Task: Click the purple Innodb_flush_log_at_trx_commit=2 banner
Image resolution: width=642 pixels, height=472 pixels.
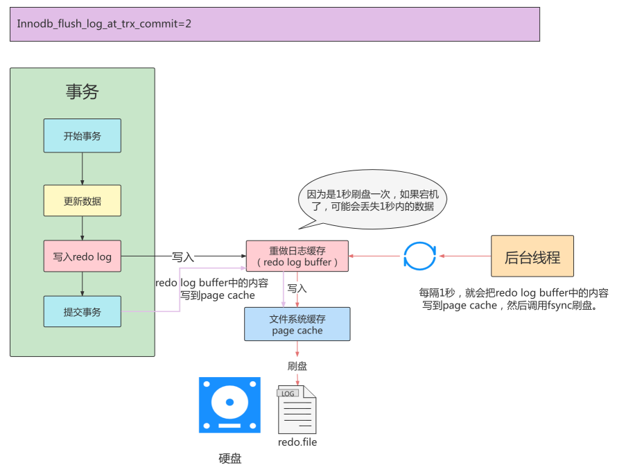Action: point(275,24)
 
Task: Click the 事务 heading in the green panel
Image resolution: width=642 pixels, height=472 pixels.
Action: point(83,91)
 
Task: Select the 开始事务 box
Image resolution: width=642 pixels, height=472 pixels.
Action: point(83,136)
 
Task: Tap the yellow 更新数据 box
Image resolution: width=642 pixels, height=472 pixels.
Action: point(83,201)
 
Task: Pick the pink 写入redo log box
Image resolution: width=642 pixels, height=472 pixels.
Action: point(83,256)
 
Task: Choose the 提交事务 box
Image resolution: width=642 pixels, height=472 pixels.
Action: point(83,312)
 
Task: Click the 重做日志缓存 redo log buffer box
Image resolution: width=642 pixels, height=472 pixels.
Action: point(297,256)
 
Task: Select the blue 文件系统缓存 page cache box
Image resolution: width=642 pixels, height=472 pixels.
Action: point(297,324)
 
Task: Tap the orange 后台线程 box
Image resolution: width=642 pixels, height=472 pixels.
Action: point(532,256)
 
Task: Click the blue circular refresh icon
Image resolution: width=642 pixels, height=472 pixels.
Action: point(419,256)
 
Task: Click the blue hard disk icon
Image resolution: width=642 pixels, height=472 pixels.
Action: point(229,405)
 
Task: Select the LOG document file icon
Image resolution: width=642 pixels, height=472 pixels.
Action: point(297,410)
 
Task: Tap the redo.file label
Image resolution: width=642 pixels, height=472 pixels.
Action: point(297,442)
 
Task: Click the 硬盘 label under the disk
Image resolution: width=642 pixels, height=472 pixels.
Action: point(229,458)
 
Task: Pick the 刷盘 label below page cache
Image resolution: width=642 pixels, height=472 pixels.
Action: point(297,366)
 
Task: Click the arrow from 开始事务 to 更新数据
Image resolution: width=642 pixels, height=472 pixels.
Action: point(83,168)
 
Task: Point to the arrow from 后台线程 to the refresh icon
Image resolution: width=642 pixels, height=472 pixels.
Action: point(465,256)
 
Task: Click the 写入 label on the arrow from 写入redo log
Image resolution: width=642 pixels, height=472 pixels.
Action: point(183,256)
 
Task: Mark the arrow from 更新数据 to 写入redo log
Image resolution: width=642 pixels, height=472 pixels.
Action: point(83,228)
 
